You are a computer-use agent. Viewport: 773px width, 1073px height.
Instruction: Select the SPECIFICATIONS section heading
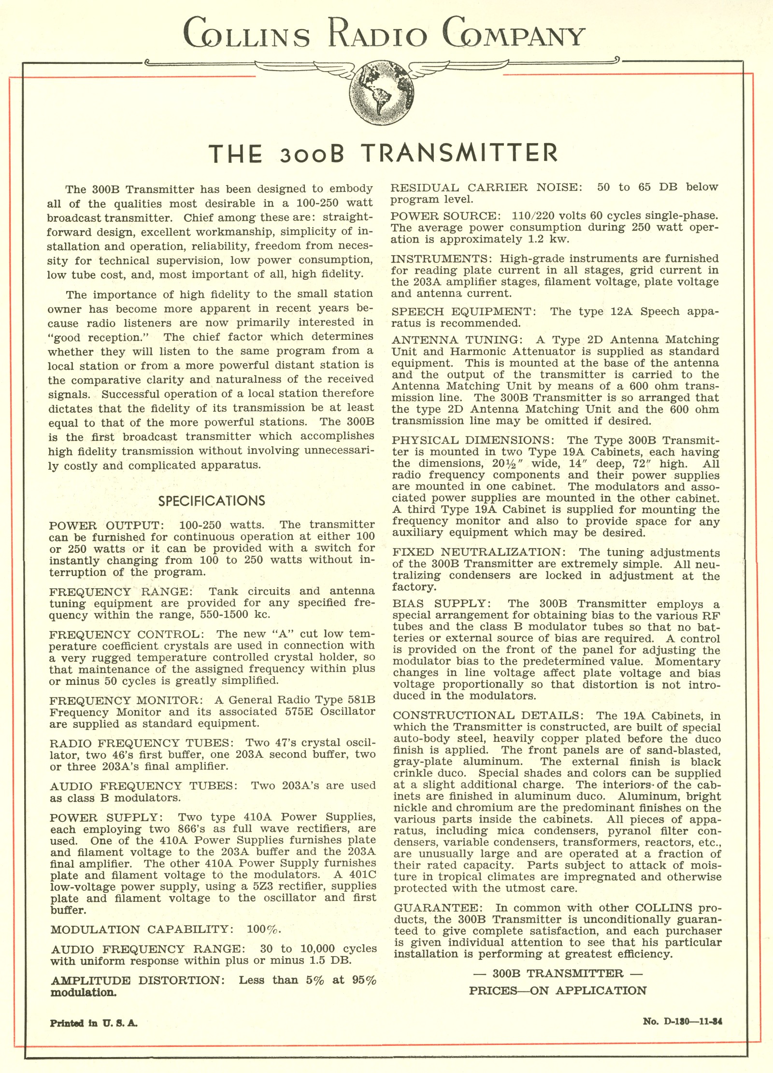pyautogui.click(x=212, y=500)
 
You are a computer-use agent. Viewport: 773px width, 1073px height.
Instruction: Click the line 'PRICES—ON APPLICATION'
pyautogui.click(x=558, y=990)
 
